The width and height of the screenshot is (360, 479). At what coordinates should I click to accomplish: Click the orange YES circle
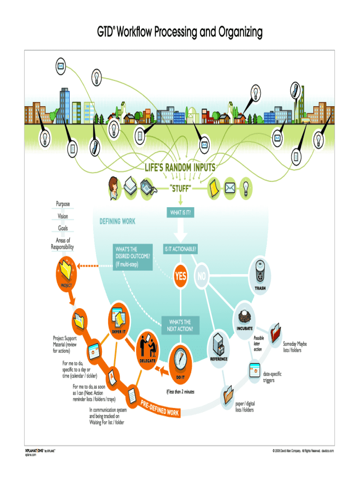click(180, 276)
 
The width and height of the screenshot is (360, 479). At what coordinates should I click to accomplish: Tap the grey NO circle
click(202, 276)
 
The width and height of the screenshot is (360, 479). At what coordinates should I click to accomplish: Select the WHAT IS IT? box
click(180, 213)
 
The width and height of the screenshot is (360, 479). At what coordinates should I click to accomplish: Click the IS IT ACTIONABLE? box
click(180, 250)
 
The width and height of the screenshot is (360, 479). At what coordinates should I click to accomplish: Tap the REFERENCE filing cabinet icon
click(218, 344)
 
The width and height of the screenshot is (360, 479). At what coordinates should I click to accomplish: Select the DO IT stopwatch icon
click(180, 360)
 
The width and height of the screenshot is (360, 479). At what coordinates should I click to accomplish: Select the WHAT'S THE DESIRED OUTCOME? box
click(133, 257)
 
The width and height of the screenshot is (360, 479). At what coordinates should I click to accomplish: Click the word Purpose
click(63, 204)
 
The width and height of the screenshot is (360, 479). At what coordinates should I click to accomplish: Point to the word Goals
click(63, 228)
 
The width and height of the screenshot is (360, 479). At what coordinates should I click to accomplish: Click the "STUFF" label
click(180, 189)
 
